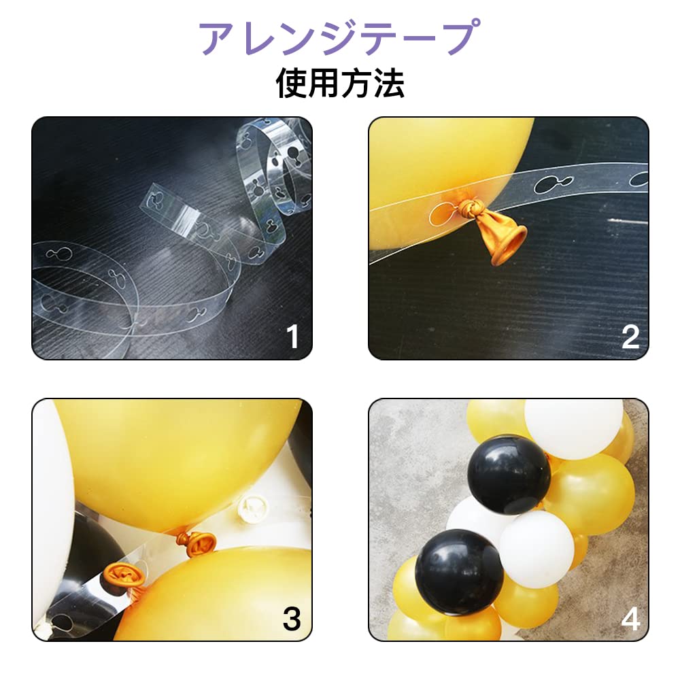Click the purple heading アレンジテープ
point(339,37)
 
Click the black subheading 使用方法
point(340,83)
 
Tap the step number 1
point(293,337)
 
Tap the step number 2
point(630,337)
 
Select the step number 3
point(292,619)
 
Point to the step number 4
point(630,619)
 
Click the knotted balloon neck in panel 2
point(471,207)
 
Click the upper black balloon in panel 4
point(509,475)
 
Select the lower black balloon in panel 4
point(460,573)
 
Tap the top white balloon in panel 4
point(574,428)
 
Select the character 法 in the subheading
point(388,83)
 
